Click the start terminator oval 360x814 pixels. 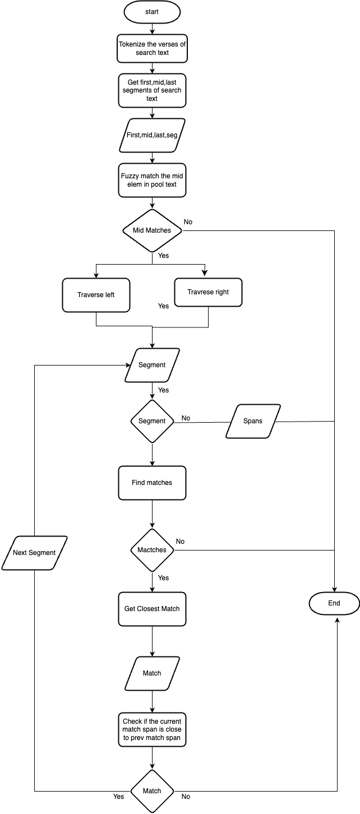pyautogui.click(x=152, y=12)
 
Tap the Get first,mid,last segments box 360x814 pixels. pyautogui.click(x=152, y=90)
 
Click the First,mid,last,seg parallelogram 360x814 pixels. pyautogui.click(x=152, y=135)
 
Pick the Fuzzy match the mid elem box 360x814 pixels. pyautogui.click(x=152, y=180)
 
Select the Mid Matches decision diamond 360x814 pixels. pyautogui.click(x=152, y=230)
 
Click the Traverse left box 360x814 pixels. pyautogui.click(x=96, y=295)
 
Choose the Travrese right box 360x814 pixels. pyautogui.click(x=208, y=292)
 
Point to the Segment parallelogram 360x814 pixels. pyautogui.click(x=152, y=365)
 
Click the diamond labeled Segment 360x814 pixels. pyautogui.click(x=152, y=421)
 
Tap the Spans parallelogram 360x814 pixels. pyautogui.click(x=253, y=421)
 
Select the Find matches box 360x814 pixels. pyautogui.click(x=152, y=483)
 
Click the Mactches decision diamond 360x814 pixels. pyautogui.click(x=152, y=550)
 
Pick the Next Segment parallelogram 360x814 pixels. pyautogui.click(x=35, y=553)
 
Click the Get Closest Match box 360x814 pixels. pyautogui.click(x=152, y=609)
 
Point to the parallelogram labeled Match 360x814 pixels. pyautogui.click(x=152, y=673)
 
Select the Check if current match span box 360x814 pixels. pyautogui.click(x=152, y=729)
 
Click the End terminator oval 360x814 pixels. pyautogui.click(x=334, y=603)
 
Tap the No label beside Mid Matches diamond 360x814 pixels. pyautogui.click(x=188, y=222)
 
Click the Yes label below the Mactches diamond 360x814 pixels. pyautogui.click(x=164, y=578)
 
